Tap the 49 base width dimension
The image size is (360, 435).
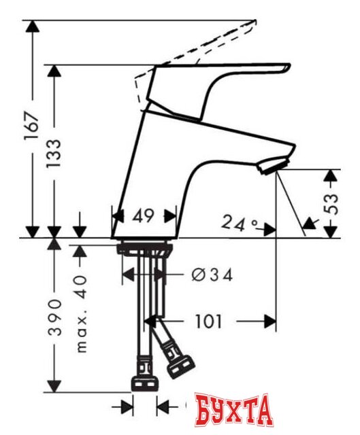coord(143,217)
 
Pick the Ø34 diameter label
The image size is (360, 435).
coord(212,275)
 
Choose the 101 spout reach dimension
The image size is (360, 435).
coord(210,321)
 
